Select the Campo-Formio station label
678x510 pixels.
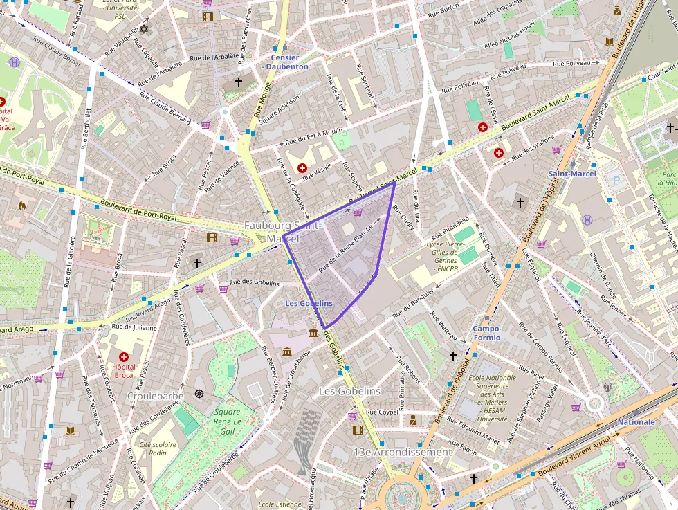point(487,333)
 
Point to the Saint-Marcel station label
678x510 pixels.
point(571,174)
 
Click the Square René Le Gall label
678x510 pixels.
point(227,422)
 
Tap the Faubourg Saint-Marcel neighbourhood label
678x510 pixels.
point(282,232)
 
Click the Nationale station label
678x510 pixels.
point(636,421)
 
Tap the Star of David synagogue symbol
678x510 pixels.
point(144,29)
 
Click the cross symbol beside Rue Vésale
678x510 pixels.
point(302,168)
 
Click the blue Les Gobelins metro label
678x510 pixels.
point(309,304)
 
